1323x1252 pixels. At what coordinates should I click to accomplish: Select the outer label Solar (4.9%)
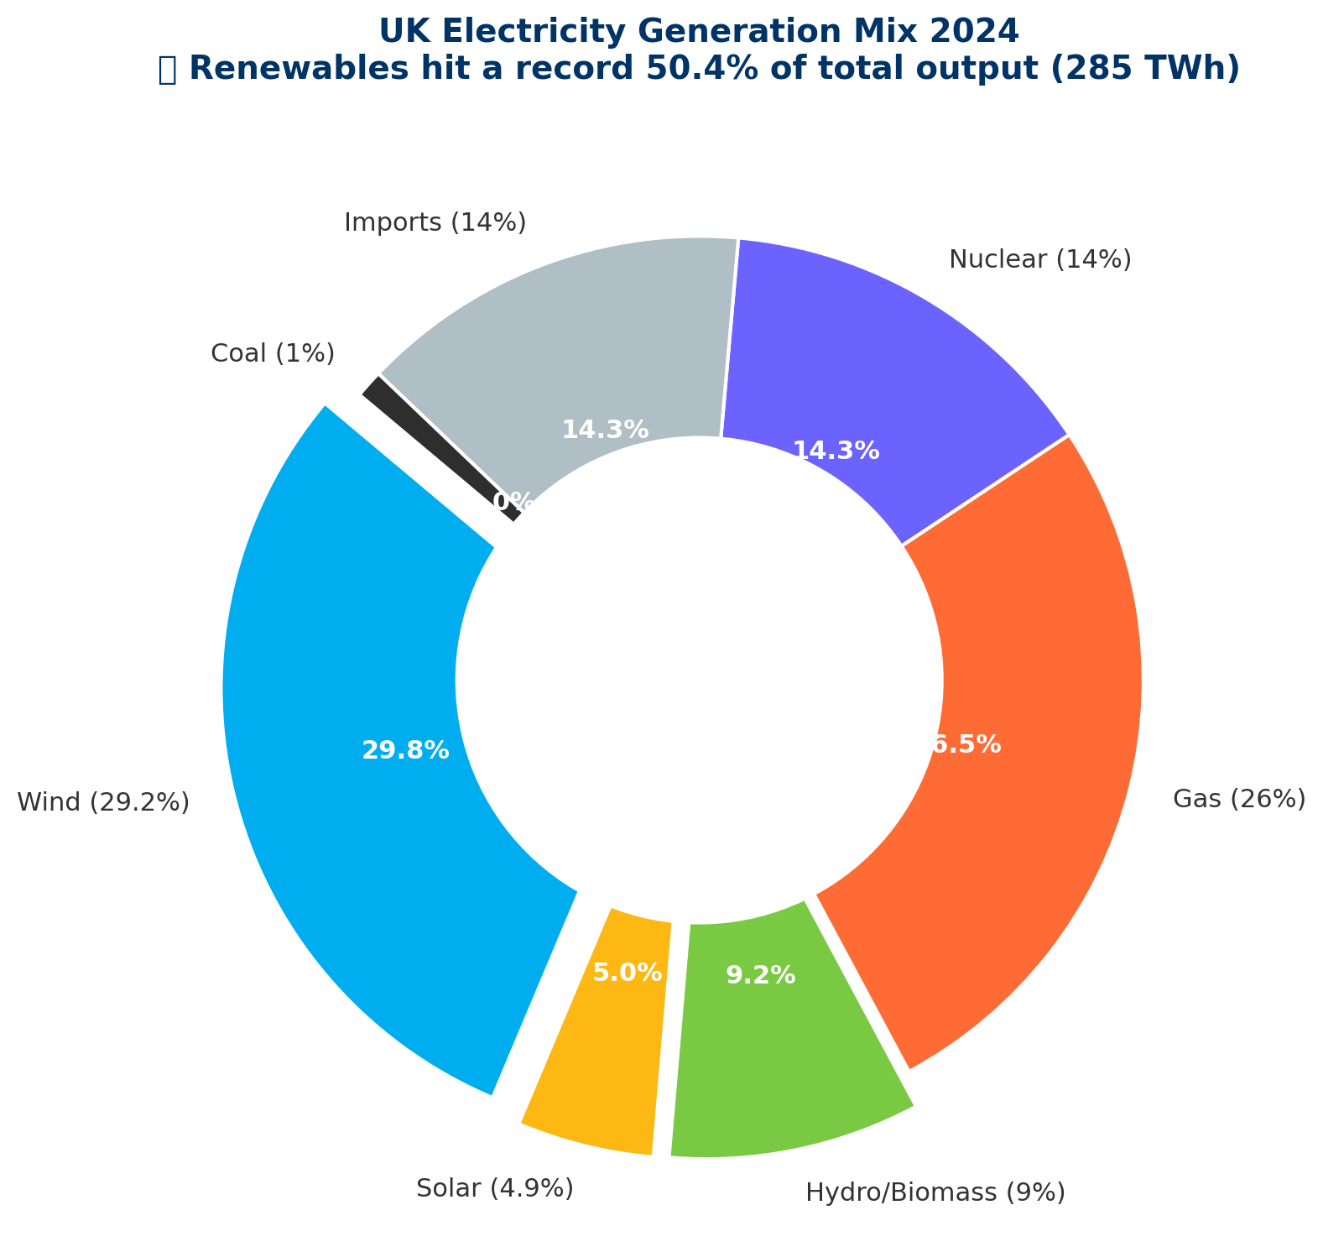click(x=495, y=1188)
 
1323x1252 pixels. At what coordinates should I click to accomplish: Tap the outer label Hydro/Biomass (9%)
click(x=935, y=1192)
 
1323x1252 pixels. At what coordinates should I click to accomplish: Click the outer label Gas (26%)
click(x=1239, y=799)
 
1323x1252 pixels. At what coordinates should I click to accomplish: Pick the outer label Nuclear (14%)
click(x=1040, y=260)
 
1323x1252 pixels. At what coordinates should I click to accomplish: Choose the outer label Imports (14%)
click(x=435, y=222)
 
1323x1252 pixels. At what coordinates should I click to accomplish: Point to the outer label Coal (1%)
click(x=273, y=353)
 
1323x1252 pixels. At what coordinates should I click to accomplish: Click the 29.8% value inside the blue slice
click(x=405, y=750)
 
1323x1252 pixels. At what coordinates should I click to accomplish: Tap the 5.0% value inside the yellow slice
click(x=628, y=973)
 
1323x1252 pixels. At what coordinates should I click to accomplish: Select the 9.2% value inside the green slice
click(x=760, y=975)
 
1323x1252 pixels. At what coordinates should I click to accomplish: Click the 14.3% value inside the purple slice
click(x=836, y=451)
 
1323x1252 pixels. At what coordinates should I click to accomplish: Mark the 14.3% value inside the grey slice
click(x=605, y=430)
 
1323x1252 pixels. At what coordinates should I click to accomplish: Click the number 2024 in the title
click(x=979, y=31)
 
